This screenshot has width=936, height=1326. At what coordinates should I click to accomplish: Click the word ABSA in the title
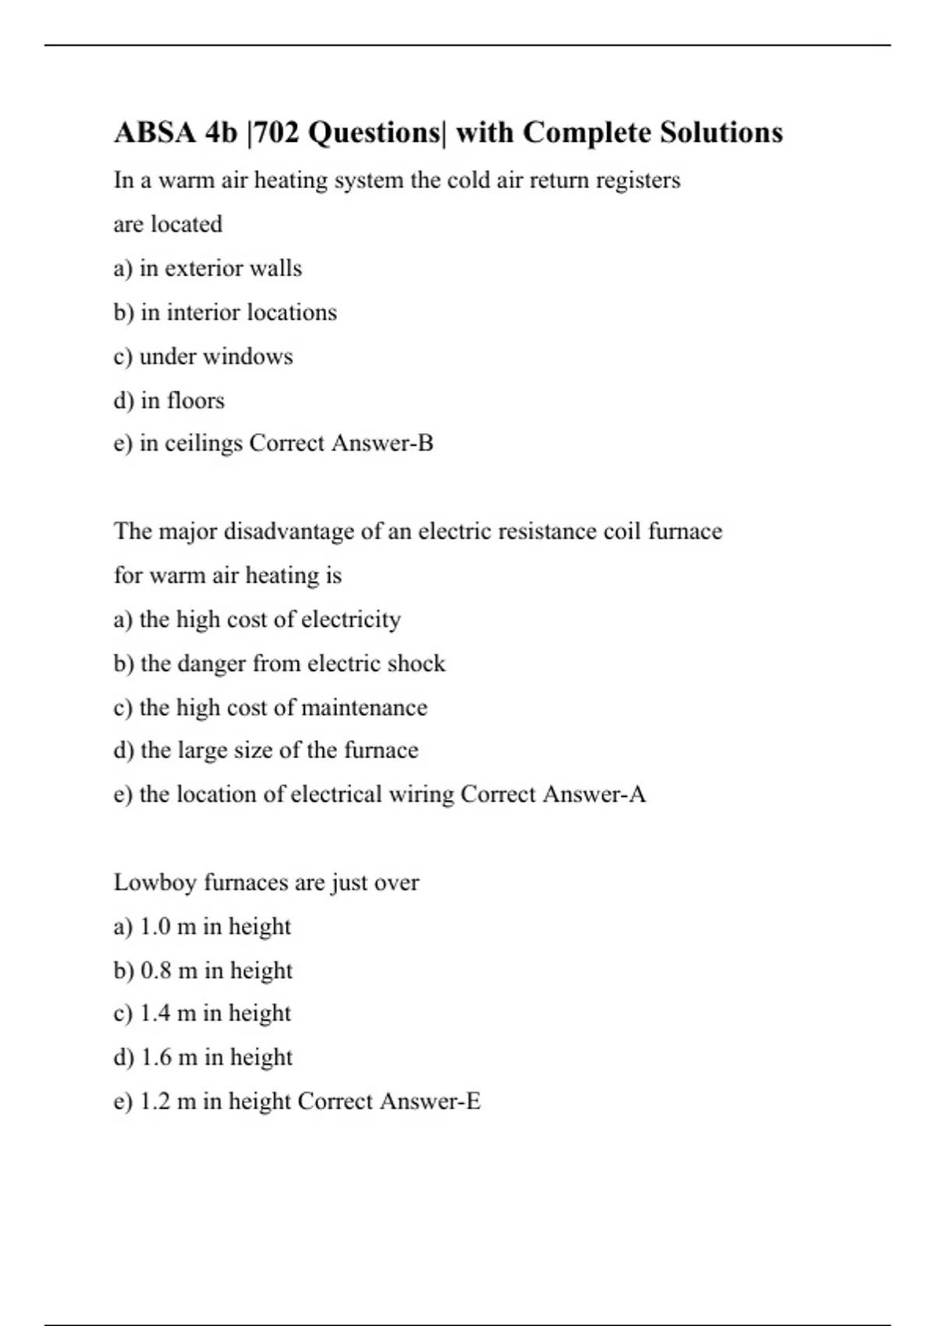pyautogui.click(x=155, y=133)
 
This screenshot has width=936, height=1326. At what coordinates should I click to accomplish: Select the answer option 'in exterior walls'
pyautogui.click(x=220, y=268)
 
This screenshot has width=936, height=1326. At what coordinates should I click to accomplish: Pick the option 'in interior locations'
pyautogui.click(x=238, y=312)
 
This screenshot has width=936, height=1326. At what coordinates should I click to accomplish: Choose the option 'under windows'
pyautogui.click(x=215, y=356)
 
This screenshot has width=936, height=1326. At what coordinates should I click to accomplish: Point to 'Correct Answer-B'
pyautogui.click(x=341, y=443)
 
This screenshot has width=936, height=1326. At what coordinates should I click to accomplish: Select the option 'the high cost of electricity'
pyautogui.click(x=269, y=619)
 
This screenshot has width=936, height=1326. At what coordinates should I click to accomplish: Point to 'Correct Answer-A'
pyautogui.click(x=553, y=794)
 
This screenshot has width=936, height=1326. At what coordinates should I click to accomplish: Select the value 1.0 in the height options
pyautogui.click(x=155, y=927)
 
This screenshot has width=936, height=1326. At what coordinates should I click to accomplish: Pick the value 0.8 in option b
pyautogui.click(x=156, y=970)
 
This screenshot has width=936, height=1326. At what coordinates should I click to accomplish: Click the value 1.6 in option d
pyautogui.click(x=156, y=1057)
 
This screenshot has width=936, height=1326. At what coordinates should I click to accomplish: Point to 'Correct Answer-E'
pyautogui.click(x=389, y=1101)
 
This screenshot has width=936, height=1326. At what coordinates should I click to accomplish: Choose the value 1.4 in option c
pyautogui.click(x=155, y=1013)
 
